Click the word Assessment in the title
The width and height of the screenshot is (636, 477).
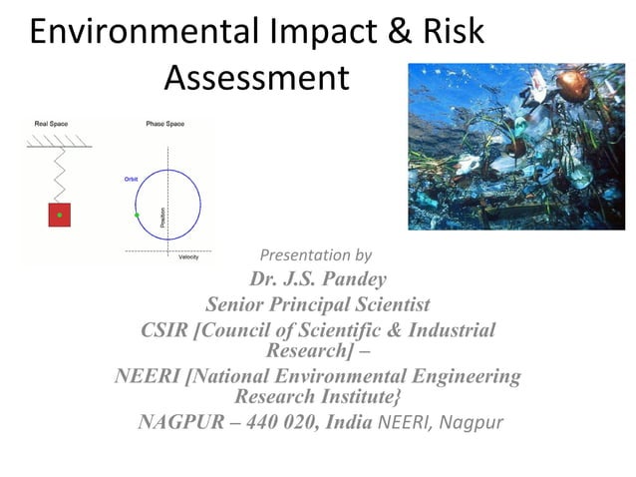(256, 77)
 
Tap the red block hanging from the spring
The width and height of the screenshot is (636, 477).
(59, 215)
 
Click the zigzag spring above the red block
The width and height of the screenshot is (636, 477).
(59, 176)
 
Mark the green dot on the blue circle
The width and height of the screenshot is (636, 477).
(138, 215)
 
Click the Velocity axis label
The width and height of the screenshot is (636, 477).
(188, 257)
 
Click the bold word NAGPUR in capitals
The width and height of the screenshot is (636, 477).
(181, 420)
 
